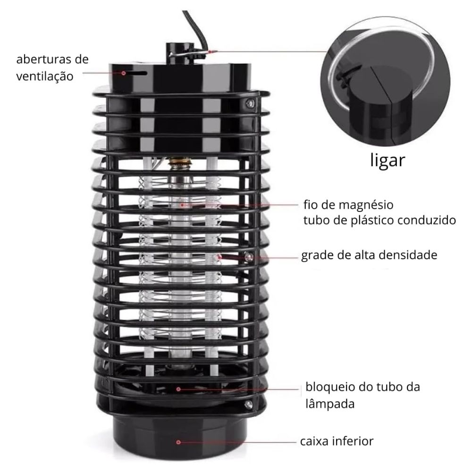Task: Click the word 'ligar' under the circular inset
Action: (388, 160)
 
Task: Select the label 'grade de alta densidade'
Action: (370, 255)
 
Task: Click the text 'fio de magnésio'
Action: (348, 205)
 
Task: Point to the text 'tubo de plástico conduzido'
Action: (379, 220)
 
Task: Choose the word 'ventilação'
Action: (45, 76)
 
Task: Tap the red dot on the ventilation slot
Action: (123, 73)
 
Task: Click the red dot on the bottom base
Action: (178, 442)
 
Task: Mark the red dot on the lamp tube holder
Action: (178, 389)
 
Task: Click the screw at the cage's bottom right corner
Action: (249, 405)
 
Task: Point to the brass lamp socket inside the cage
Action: (177, 165)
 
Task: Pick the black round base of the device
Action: (181, 437)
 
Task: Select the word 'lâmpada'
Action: (330, 404)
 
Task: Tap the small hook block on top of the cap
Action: (180, 54)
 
